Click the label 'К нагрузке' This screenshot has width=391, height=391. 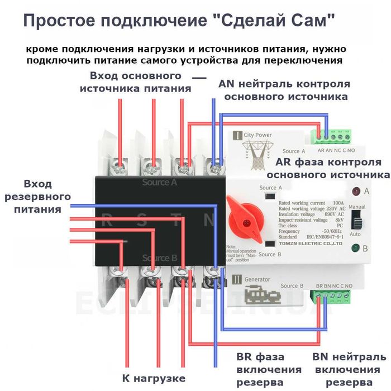(154, 378)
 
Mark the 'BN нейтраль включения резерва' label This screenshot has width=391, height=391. (349, 369)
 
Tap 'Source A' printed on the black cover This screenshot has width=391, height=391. (159, 182)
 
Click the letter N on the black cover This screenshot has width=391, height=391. (208, 220)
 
